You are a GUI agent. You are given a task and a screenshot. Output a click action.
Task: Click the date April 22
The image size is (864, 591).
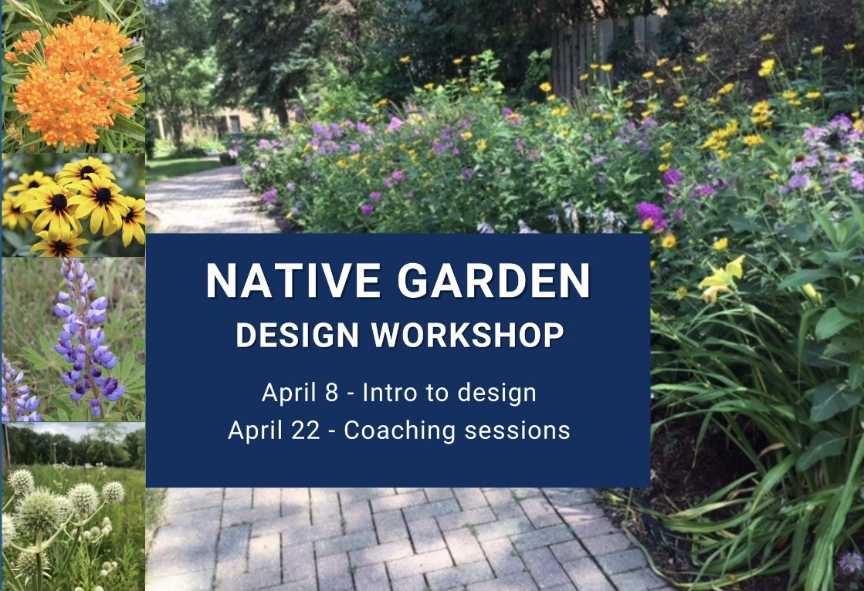click(273, 431)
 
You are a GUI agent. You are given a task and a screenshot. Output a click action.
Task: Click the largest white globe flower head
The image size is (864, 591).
click(37, 512)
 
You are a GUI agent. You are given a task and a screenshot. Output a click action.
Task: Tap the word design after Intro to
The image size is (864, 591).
click(497, 393)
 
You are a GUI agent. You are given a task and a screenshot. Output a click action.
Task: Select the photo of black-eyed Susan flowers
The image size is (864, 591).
click(73, 205)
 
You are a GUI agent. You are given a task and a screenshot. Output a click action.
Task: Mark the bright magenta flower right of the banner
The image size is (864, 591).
click(650, 212)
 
